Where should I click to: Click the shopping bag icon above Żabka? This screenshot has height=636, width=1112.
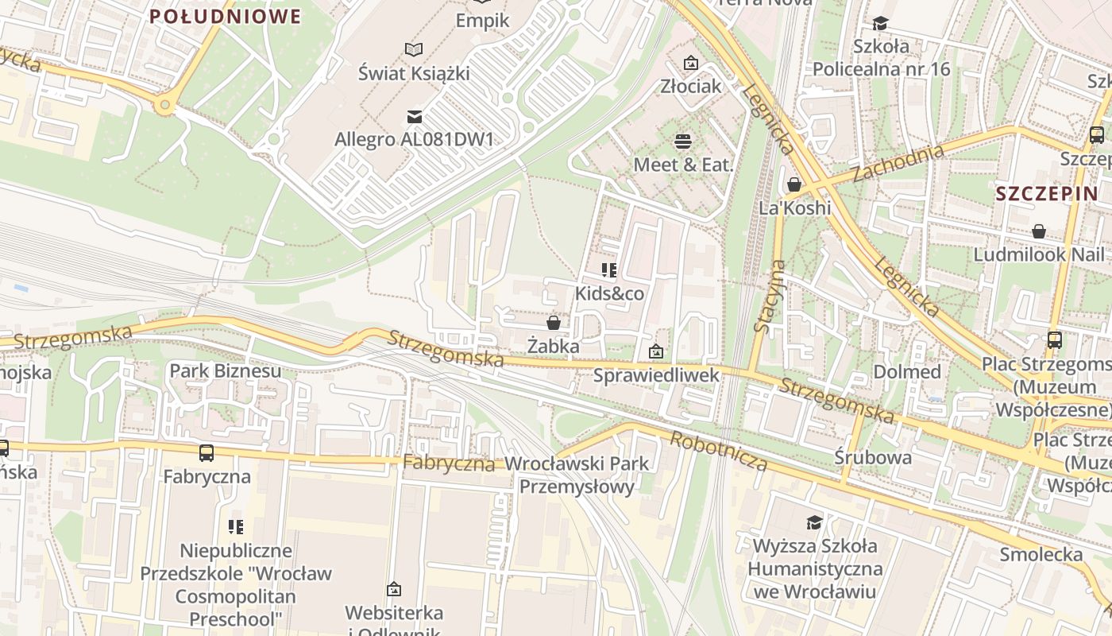tap(554, 323)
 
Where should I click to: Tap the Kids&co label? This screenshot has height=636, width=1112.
tap(609, 293)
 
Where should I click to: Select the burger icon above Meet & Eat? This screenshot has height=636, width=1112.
tap(682, 142)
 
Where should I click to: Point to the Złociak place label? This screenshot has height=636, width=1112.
tap(690, 86)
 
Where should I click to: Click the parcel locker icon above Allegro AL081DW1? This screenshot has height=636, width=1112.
tap(414, 117)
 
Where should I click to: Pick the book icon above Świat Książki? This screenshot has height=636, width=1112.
tap(414, 50)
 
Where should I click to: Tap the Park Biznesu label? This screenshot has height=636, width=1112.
tap(226, 370)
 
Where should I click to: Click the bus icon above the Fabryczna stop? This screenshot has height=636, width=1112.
tap(207, 453)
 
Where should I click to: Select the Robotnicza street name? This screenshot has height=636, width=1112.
tap(719, 452)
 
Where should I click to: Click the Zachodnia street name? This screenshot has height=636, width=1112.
tap(898, 163)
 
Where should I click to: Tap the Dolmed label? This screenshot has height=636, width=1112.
tap(907, 372)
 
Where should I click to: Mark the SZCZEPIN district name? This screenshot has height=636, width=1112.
tap(1047, 193)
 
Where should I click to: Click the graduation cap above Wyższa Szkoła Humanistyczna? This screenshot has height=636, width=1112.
tap(814, 522)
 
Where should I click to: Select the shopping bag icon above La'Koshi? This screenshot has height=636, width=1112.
tap(793, 185)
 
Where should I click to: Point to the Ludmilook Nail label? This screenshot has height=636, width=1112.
tap(1039, 255)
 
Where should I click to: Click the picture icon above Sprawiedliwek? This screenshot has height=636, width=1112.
tap(656, 351)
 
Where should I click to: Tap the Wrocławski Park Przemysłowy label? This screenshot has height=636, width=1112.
tap(577, 475)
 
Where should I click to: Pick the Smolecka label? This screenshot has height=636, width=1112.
tap(1041, 554)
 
